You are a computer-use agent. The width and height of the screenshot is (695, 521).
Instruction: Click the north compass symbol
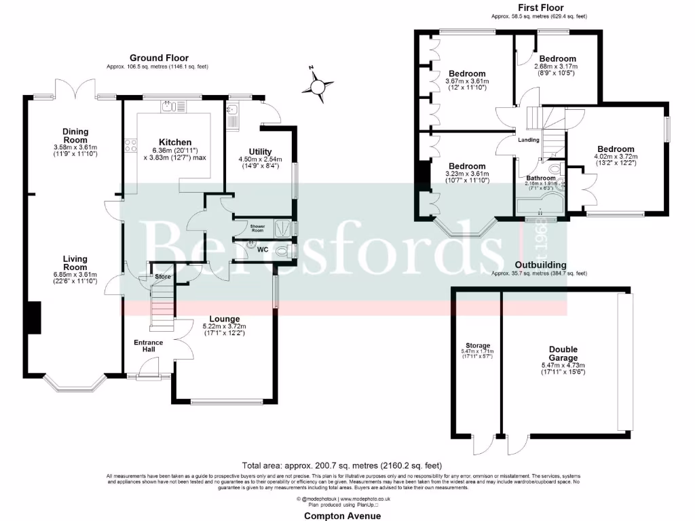click(x=317, y=86)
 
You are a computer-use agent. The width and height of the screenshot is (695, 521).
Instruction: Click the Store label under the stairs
click(x=162, y=277)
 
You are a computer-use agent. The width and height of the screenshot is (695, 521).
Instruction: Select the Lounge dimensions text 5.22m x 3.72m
click(x=224, y=326)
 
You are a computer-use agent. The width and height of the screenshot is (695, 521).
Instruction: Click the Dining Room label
click(x=75, y=136)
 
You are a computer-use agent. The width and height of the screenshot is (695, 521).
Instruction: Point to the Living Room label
click(x=75, y=263)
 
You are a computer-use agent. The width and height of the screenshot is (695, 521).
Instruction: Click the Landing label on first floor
click(x=529, y=140)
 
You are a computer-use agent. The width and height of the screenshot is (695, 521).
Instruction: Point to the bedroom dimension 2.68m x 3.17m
click(x=555, y=66)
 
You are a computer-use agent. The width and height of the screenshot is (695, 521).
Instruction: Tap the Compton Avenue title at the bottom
click(x=342, y=516)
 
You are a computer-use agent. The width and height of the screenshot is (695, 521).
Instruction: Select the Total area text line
click(x=342, y=465)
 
